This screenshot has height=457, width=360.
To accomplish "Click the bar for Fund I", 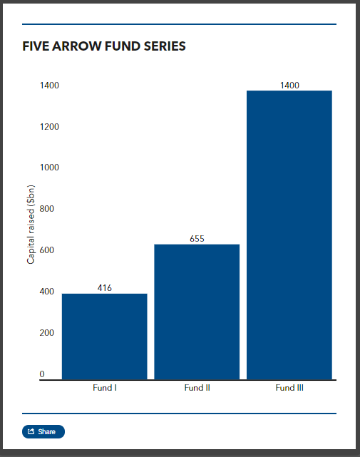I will click(x=104, y=336).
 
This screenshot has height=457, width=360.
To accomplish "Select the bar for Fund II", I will click(x=197, y=312).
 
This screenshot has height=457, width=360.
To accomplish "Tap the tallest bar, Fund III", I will click(x=289, y=235).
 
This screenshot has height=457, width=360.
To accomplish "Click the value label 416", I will click(x=104, y=288).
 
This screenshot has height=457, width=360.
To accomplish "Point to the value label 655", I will click(x=197, y=239).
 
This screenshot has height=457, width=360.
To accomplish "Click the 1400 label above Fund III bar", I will click(x=289, y=86).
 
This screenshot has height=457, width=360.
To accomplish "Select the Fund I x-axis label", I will click(x=104, y=389).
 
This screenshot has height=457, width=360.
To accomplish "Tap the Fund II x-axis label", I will click(x=197, y=389).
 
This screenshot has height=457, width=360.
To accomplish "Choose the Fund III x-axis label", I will click(x=289, y=389).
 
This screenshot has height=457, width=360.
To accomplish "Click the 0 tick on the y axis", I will click(x=42, y=374).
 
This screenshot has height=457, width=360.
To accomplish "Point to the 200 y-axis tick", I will click(x=48, y=333).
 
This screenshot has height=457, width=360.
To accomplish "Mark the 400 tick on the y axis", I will click(x=48, y=292).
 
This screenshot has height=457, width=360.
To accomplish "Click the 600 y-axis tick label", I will click(x=48, y=250).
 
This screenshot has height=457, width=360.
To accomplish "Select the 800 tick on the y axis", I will click(x=48, y=209).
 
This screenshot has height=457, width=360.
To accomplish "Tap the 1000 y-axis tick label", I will click(x=49, y=168).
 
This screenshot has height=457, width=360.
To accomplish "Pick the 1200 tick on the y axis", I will click(x=49, y=127).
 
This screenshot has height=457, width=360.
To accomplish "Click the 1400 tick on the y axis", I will click(x=49, y=86).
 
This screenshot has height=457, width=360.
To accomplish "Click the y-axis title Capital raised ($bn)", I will click(x=31, y=225).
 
